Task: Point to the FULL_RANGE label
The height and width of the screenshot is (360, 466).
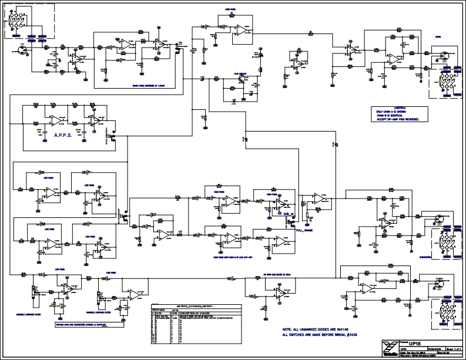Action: pos(304,231)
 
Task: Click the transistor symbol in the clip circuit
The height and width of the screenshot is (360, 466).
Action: pos(242,82)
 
